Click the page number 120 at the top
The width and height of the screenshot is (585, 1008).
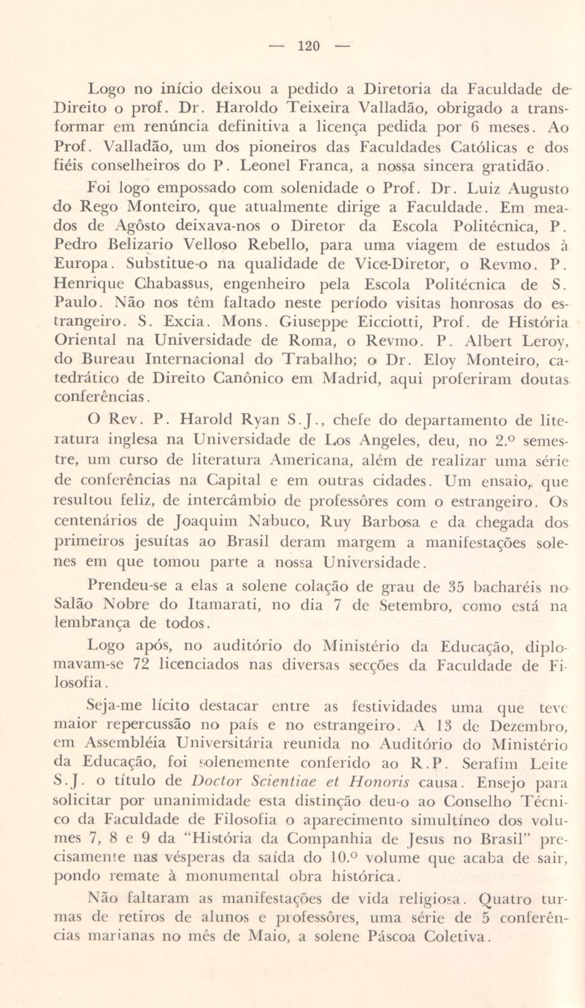coord(309,46)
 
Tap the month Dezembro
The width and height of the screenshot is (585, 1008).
coord(528,725)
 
